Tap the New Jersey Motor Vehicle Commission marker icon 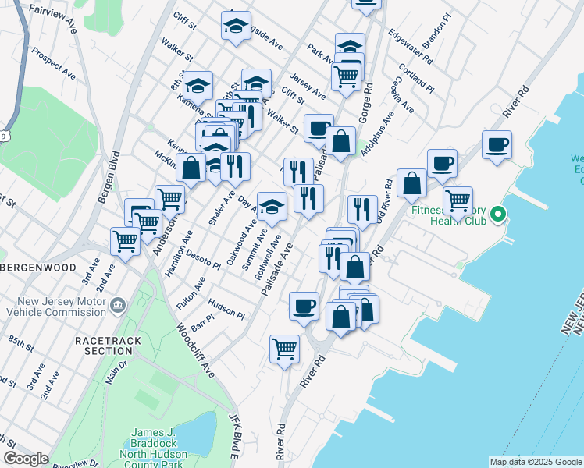[x=118, y=304]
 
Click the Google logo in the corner [x=26, y=459]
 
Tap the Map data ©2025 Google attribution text [x=536, y=462]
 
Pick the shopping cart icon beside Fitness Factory [x=458, y=200]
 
